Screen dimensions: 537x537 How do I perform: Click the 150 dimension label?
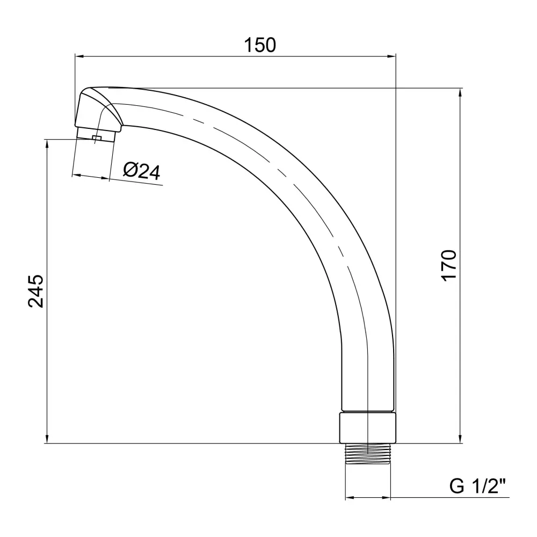[259, 45]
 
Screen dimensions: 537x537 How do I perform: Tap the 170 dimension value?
[449, 266]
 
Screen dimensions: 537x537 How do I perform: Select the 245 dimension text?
[36, 291]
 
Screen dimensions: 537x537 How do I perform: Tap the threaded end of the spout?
[368, 453]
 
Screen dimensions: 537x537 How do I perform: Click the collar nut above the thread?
[368, 428]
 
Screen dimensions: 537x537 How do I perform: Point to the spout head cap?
[98, 109]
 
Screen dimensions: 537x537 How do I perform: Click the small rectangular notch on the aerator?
[97, 137]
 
